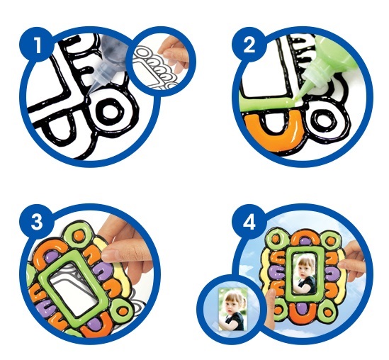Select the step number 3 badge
tap(37, 222)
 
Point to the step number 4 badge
tap(249, 222)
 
